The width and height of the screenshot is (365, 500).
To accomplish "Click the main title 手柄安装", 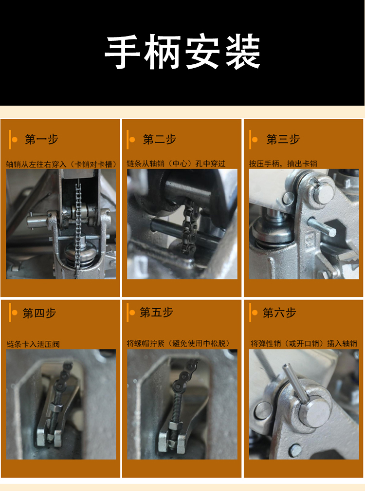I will [x=182, y=53].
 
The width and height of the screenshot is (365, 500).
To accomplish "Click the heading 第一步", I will [x=41, y=140].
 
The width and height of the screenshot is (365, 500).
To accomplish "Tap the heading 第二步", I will [x=159, y=140].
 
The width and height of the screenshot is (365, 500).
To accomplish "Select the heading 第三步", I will [x=283, y=140].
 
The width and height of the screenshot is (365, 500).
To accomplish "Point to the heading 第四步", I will [x=39, y=313].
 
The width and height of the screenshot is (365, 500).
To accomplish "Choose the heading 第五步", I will [x=156, y=313].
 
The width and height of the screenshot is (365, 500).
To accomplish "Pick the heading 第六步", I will [x=279, y=313].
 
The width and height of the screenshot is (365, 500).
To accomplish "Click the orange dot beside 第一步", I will [x=15, y=140].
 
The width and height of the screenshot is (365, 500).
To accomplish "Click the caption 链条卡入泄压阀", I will [x=33, y=344].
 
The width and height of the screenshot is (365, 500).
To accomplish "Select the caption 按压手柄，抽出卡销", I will [x=283, y=164].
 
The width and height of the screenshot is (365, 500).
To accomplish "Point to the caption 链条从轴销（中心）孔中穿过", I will [x=176, y=164].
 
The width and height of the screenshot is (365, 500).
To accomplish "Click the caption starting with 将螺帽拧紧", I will [x=178, y=343].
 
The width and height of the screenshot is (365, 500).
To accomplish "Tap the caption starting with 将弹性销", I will [x=304, y=343].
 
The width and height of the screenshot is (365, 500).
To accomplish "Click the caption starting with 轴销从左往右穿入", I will [x=61, y=164].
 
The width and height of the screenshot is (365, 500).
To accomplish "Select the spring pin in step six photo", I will [x=294, y=385].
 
